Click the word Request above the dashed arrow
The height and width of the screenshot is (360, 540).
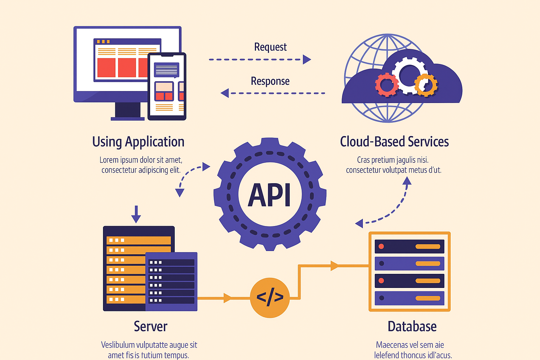pyautogui.click(x=270, y=47)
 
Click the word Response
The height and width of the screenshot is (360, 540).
pyautogui.click(x=270, y=81)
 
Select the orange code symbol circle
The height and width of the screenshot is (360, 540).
pyautogui.click(x=270, y=297)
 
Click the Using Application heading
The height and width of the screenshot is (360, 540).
pyautogui.click(x=138, y=142)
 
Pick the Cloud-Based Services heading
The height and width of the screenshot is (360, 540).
pyautogui.click(x=394, y=142)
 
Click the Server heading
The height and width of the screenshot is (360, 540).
pyautogui.click(x=150, y=326)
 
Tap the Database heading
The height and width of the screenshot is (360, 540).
pyautogui.click(x=412, y=326)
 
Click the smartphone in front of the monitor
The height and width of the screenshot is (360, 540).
pyautogui.click(x=167, y=86)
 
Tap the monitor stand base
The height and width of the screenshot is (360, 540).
pyautogui.click(x=128, y=118)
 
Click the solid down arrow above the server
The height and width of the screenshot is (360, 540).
pyautogui.click(x=136, y=214)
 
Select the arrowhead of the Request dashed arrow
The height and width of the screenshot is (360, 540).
pyautogui.click(x=307, y=59)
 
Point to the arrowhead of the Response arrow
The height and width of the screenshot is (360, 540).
pyautogui.click(x=225, y=93)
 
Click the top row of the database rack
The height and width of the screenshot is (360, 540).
pyautogui.click(x=409, y=246)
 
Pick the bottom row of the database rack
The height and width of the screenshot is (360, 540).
pyautogui.click(x=409, y=298)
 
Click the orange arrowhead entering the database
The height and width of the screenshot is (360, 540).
pyautogui.click(x=334, y=265)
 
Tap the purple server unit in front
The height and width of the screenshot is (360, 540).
pyautogui.click(x=171, y=281)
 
